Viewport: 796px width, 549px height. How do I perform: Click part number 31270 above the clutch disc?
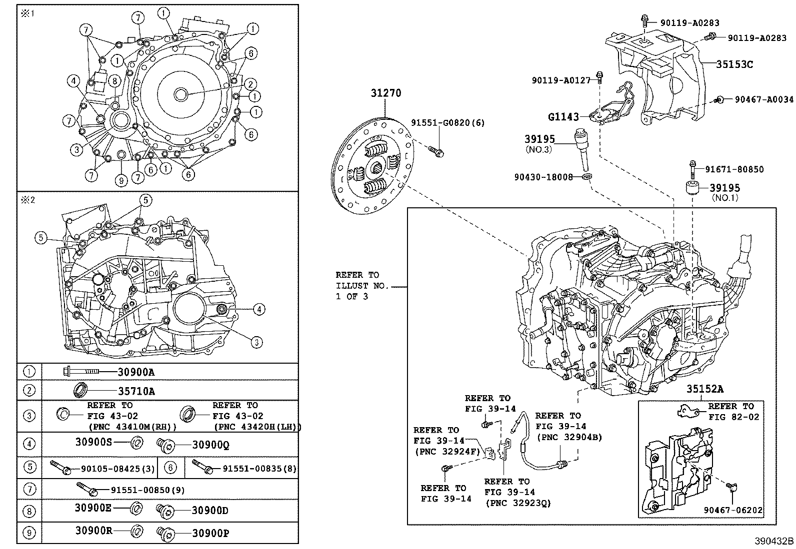pos(385,93)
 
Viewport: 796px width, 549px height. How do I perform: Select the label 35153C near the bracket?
pos(734,64)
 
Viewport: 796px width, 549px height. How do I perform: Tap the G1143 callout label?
pos(563,117)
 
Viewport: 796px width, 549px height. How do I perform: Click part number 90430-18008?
pos(543,177)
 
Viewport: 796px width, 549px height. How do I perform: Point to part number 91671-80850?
pos(734,169)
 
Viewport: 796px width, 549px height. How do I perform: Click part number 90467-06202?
pos(733,510)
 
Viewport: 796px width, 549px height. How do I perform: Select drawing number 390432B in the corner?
pos(774,541)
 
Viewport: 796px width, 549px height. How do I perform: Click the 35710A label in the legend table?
pos(136,391)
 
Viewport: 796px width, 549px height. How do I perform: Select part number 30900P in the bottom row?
pos(210,533)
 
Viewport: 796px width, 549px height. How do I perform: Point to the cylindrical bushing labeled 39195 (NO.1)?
pos(692,189)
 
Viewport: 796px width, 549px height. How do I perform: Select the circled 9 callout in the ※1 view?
pos(120,180)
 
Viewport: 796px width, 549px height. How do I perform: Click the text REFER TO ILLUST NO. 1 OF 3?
pos(357,285)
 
